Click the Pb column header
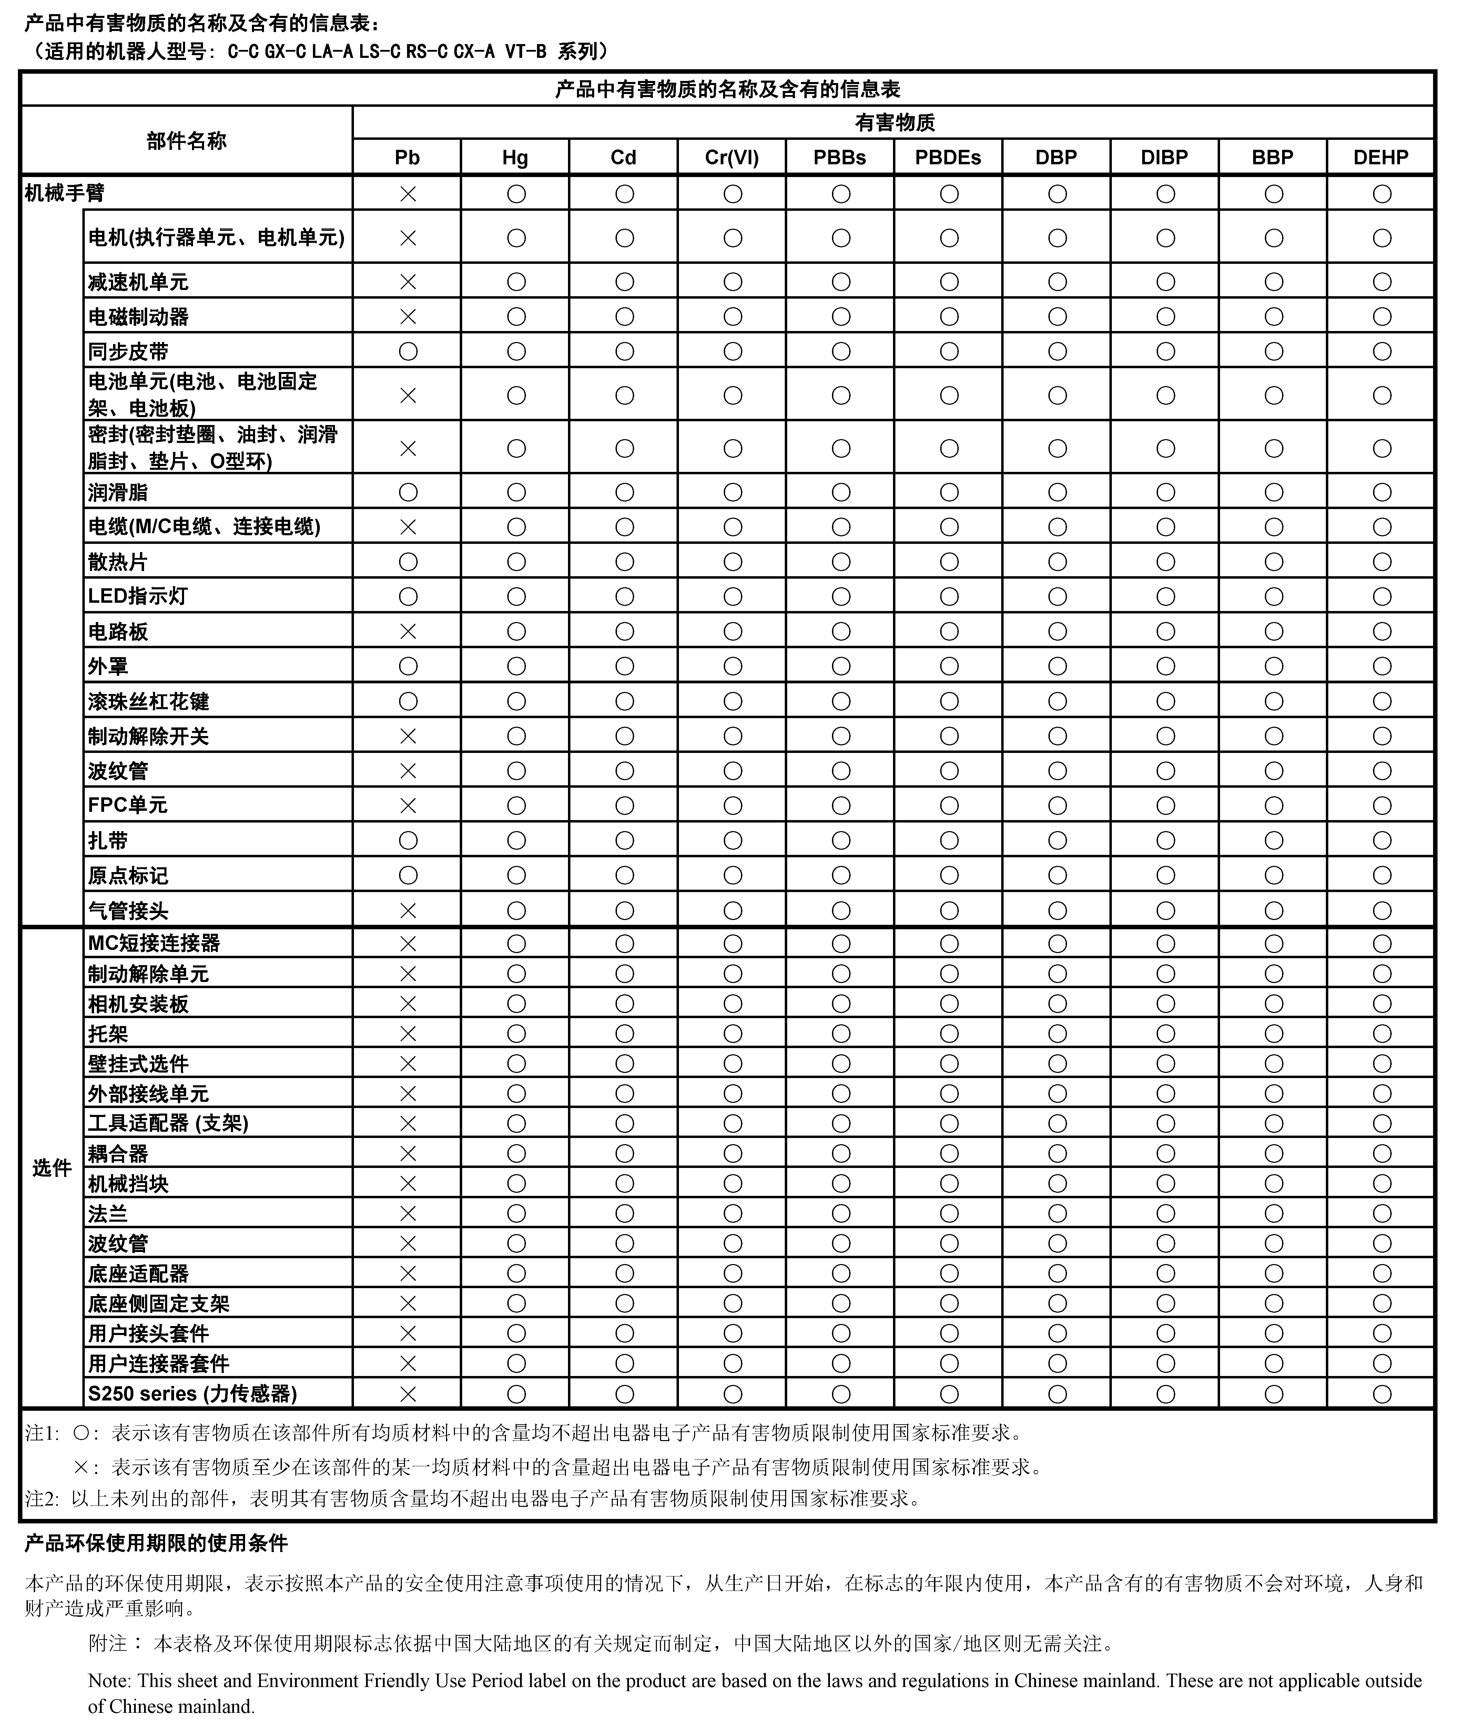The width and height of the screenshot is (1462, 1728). (407, 157)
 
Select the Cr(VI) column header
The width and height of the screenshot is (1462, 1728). (732, 157)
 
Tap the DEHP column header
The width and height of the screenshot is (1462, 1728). (1381, 157)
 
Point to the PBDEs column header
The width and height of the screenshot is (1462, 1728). (948, 157)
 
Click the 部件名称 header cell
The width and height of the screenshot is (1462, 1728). (186, 141)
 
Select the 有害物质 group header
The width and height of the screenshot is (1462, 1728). (894, 123)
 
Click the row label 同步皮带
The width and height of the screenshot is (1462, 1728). (129, 352)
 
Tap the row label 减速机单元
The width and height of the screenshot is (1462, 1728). (139, 282)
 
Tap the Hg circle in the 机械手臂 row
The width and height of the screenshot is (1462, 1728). (516, 194)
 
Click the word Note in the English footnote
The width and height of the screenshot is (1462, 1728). (109, 1681)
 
